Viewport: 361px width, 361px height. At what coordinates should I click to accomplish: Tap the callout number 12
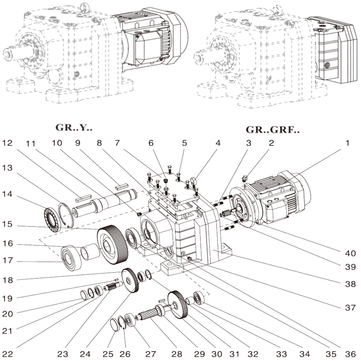[7, 143]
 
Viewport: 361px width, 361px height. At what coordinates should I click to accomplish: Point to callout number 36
[350, 350]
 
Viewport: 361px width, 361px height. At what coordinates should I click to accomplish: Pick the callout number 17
[7, 261]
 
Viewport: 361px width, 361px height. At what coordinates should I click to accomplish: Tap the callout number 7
[118, 143]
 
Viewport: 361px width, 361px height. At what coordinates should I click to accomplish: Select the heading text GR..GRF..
[273, 131]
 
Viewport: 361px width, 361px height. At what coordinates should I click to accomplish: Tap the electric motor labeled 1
[280, 199]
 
